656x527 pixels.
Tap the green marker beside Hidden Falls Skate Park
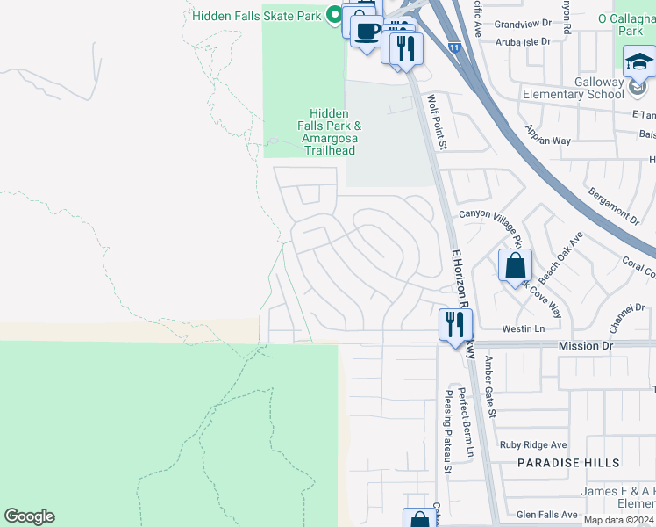(333, 15)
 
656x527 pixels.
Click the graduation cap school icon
(639, 62)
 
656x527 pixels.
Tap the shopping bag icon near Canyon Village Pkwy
(516, 265)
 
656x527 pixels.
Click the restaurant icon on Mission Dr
(454, 326)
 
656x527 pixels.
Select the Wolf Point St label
(438, 122)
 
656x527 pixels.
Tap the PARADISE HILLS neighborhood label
(567, 463)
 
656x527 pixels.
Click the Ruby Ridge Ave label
(533, 445)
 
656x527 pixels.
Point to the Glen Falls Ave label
(547, 515)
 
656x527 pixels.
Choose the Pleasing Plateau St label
(446, 431)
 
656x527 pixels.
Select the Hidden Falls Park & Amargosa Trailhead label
(329, 132)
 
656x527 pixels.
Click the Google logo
(29, 516)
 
